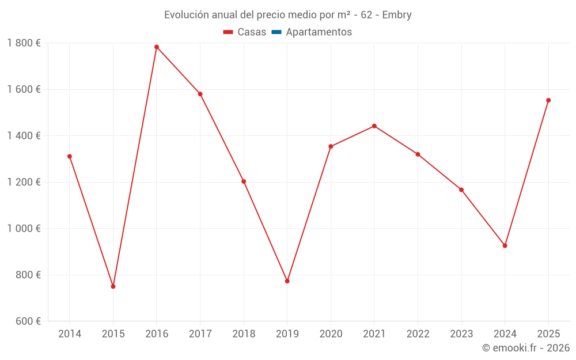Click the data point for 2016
click(157, 47)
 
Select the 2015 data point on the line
click(113, 286)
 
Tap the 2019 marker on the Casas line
click(287, 281)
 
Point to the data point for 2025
click(548, 100)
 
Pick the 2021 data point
click(374, 126)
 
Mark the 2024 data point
click(505, 246)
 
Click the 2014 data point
click(70, 156)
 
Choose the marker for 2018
click(244, 181)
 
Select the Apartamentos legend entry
click(319, 32)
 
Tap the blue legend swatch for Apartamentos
click(276, 32)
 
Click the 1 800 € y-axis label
click(24, 43)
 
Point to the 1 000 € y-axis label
click(24, 229)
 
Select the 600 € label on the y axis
click(28, 321)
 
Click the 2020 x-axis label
click(331, 334)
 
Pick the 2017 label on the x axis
click(200, 334)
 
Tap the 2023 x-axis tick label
click(461, 334)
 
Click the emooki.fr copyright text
click(526, 348)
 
